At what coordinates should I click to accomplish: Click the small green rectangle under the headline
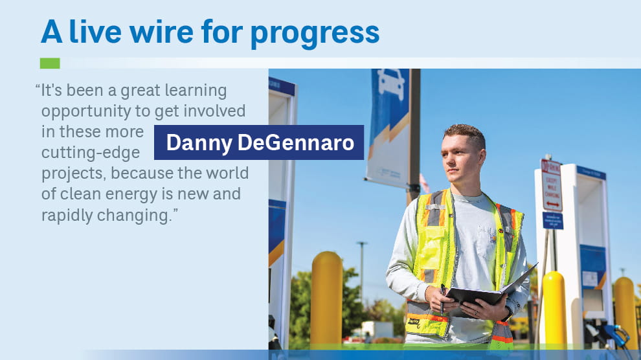50,63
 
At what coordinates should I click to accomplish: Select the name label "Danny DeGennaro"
259,142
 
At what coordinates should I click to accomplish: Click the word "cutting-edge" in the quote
90,153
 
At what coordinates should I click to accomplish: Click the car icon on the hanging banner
391,85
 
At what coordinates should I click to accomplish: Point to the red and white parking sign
552,185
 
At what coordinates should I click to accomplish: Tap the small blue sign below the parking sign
552,220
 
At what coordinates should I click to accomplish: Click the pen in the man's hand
443,298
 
